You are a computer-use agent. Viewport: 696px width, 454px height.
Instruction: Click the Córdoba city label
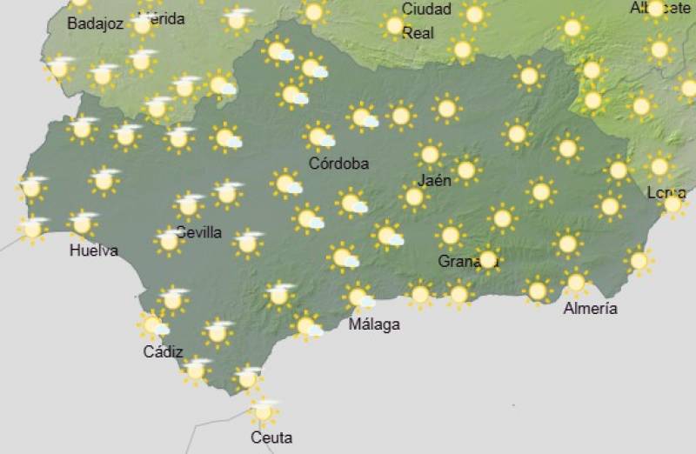click(x=338, y=164)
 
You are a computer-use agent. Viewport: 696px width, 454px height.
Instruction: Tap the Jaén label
click(x=434, y=182)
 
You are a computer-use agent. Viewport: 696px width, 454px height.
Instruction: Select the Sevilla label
click(x=199, y=233)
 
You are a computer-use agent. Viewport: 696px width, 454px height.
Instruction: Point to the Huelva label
click(x=94, y=251)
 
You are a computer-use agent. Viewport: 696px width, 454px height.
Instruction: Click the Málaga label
click(x=374, y=325)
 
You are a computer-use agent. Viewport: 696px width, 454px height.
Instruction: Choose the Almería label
click(x=591, y=309)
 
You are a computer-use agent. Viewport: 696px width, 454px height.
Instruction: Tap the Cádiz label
click(x=164, y=352)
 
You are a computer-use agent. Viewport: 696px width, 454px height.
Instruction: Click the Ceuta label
click(x=271, y=437)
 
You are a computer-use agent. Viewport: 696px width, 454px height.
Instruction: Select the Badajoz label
click(x=95, y=24)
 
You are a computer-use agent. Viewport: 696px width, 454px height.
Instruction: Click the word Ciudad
click(x=426, y=10)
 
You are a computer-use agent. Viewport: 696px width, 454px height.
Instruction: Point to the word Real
click(x=418, y=33)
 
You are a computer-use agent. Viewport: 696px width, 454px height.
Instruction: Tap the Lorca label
click(x=666, y=193)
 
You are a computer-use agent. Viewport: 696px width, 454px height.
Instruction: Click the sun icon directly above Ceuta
click(x=264, y=411)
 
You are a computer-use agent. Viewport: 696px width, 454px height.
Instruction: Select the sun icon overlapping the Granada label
click(x=487, y=258)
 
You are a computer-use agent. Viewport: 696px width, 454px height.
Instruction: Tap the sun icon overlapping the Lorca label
click(x=673, y=204)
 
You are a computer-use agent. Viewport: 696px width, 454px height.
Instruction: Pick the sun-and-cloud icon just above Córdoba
click(x=319, y=137)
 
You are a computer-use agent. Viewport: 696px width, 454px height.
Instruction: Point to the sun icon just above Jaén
click(x=429, y=155)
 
